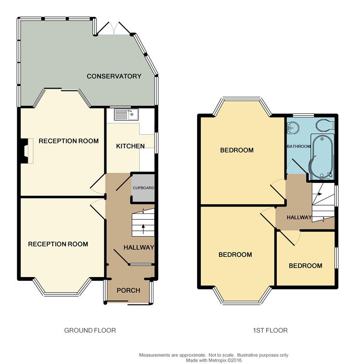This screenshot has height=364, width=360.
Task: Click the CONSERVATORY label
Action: (114, 76)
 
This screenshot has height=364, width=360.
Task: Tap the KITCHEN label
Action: (130, 146)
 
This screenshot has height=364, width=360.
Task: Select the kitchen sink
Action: (126, 115)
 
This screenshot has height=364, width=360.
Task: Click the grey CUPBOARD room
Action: (143, 188)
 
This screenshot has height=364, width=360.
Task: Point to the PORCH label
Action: (128, 290)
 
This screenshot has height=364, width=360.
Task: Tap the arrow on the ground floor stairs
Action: (143, 229)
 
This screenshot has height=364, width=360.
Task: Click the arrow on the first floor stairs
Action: (320, 194)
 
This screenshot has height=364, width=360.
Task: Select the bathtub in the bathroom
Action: (322, 157)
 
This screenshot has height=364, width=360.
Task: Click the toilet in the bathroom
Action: (325, 126)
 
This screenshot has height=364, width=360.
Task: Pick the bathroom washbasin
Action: (293, 128)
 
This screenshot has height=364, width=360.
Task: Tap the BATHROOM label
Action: (299, 147)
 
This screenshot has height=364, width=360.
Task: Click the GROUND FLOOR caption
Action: (90, 330)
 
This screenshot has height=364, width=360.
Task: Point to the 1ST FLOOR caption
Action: (270, 330)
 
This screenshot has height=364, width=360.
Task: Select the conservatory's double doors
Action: (114, 28)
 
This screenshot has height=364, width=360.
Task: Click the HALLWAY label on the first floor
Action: (299, 217)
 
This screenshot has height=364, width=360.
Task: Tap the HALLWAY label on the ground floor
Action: (139, 248)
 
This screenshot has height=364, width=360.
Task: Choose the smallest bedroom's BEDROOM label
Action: (305, 266)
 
